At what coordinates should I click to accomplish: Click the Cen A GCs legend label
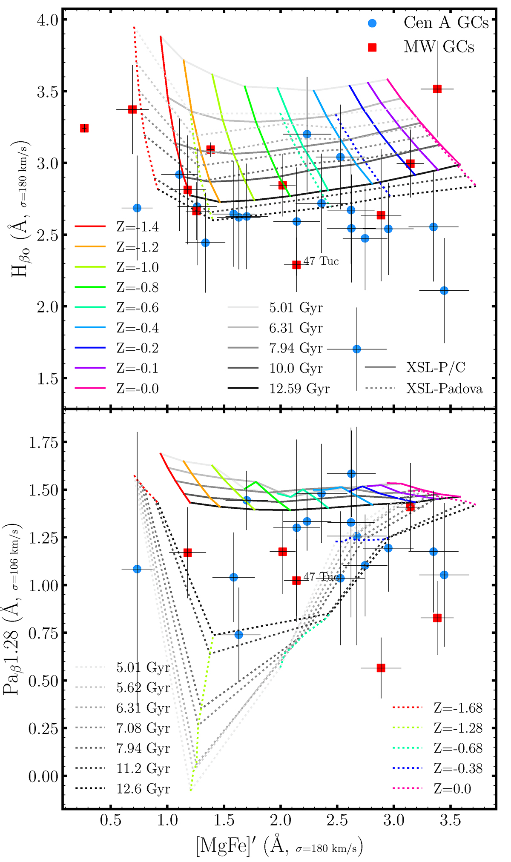pos(446,23)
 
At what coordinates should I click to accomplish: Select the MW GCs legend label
pos(439,47)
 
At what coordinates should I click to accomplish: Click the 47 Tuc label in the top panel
pos(321,261)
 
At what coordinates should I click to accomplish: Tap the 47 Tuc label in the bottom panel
pos(321,577)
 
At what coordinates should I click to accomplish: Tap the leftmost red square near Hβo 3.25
pos(84,128)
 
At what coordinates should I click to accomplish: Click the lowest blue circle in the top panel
pos(357,349)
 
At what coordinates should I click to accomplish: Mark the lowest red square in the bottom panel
pos(381,668)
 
